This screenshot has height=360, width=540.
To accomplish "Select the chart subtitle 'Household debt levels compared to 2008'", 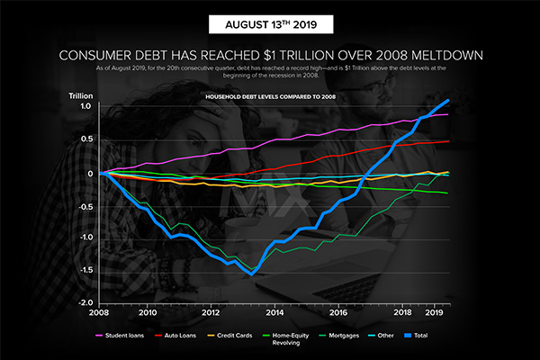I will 270,96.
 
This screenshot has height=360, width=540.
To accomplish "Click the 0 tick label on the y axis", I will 90,173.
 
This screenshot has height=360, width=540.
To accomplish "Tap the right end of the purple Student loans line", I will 448,114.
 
